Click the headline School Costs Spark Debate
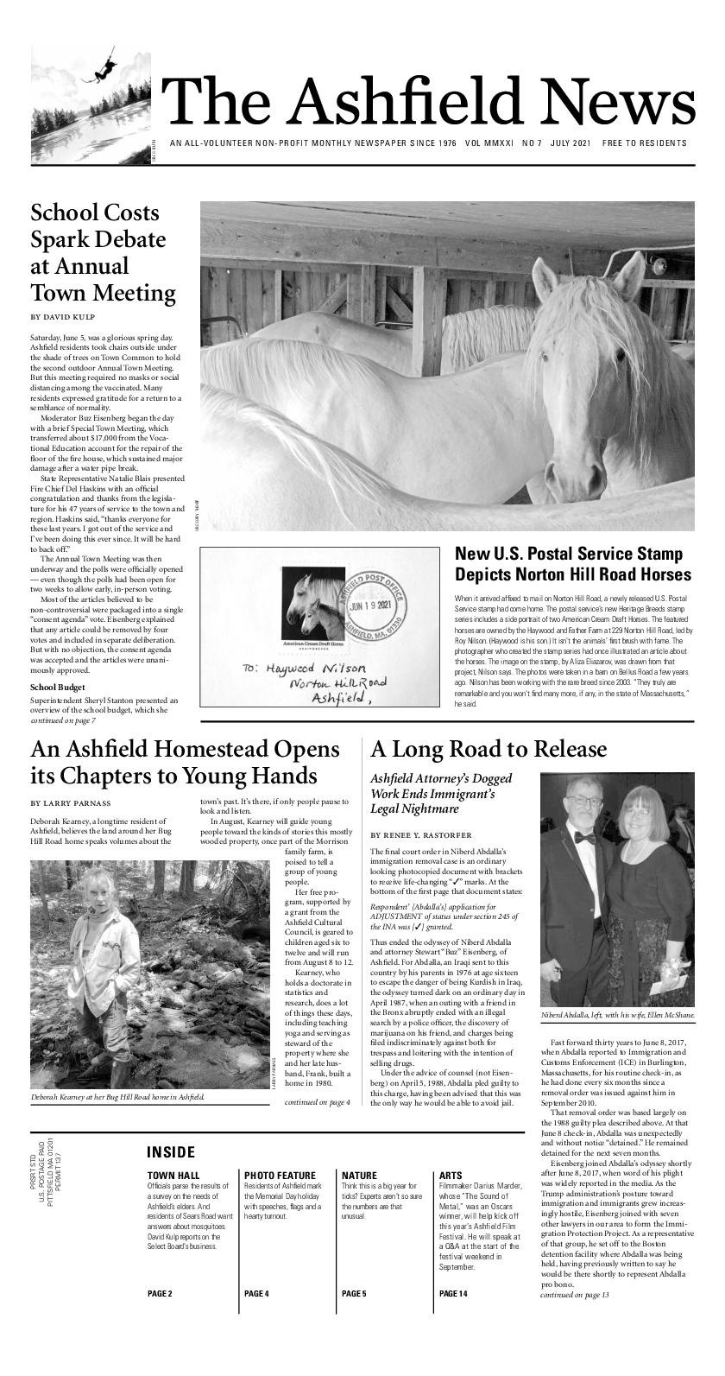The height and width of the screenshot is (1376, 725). [x=103, y=252]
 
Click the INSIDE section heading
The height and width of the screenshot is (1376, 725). [x=171, y=1152]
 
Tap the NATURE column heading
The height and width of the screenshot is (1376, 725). [x=361, y=1176]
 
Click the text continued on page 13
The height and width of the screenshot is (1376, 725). [x=574, y=1319]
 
